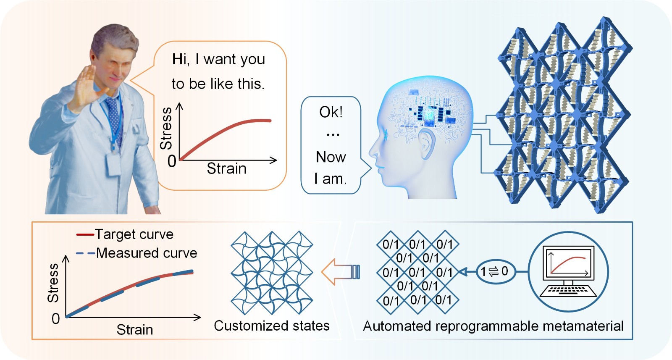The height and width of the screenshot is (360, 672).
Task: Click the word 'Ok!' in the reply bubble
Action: pos(331,112)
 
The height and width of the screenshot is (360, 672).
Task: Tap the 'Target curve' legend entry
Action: pos(134,234)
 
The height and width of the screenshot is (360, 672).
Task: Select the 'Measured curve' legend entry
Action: pos(146,253)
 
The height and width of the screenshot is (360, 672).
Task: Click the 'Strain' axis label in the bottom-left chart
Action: pos(134,330)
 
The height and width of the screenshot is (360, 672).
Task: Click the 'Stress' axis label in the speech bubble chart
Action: pos(166,128)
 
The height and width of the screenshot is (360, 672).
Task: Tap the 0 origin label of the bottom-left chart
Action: pos(55,319)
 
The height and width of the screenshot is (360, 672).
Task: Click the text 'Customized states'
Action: pos(271,326)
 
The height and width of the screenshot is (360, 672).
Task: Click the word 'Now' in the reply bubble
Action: pos(331,157)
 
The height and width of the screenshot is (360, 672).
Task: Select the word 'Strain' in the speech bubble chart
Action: pos(226,168)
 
